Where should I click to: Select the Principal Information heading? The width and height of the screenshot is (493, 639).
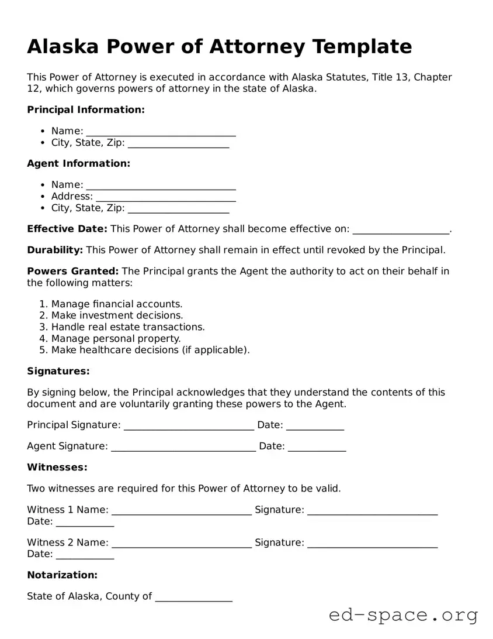[x=85, y=110]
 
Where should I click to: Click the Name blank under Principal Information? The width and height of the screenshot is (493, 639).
[x=161, y=132]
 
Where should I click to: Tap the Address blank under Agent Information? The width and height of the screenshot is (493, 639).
[x=165, y=197]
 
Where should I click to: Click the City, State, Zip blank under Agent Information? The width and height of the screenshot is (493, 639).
[x=178, y=208]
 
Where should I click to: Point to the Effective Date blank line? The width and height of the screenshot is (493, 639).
[x=401, y=229]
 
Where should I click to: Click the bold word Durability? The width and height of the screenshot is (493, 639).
[x=55, y=250]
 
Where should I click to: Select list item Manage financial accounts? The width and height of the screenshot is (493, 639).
[x=117, y=304]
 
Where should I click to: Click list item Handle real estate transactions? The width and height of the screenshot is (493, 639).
[x=128, y=327]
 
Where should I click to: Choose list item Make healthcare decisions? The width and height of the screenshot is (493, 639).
[x=150, y=351]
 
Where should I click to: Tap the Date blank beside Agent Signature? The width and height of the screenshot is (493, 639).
[x=317, y=446]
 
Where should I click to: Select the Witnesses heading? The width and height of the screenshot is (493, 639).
[x=57, y=468]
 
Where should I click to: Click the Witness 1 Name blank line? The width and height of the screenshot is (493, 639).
[x=182, y=510]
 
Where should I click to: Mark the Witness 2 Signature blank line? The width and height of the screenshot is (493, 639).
[x=372, y=543]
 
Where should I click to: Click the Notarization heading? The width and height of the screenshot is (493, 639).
[x=62, y=575]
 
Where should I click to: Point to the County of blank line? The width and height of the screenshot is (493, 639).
[x=193, y=597]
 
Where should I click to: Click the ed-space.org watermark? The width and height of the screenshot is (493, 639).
[x=403, y=616]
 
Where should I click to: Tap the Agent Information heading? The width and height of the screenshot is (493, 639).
[x=78, y=164]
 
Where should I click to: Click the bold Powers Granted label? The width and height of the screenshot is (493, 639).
[x=72, y=272]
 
